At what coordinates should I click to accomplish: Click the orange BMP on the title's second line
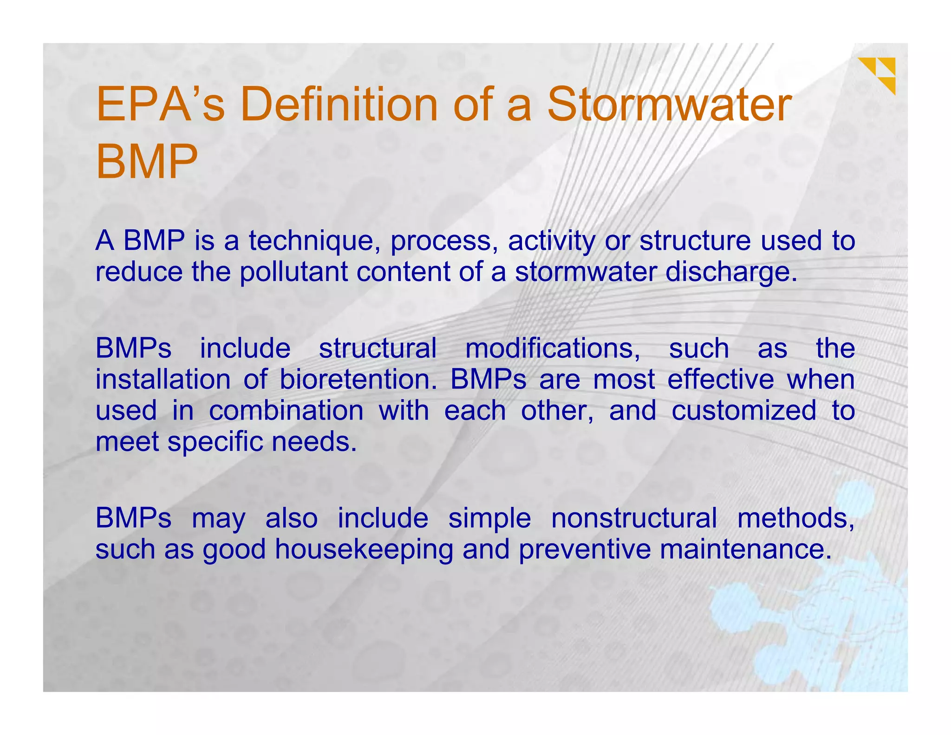click(x=147, y=161)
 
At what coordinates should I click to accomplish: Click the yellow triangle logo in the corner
click(x=877, y=74)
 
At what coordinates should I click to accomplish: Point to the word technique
click(x=314, y=241)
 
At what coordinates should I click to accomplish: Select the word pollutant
click(x=293, y=272)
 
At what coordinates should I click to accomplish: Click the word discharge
click(x=731, y=272)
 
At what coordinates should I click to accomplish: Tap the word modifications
click(x=553, y=348)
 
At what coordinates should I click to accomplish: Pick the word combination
click(x=286, y=411)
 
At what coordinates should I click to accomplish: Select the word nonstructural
click(x=634, y=518)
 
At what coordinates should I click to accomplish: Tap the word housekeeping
click(x=364, y=549)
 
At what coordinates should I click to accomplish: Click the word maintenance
click(x=745, y=549)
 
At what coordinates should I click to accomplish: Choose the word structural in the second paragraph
click(x=378, y=348)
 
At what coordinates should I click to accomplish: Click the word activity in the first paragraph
click(x=551, y=241)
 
